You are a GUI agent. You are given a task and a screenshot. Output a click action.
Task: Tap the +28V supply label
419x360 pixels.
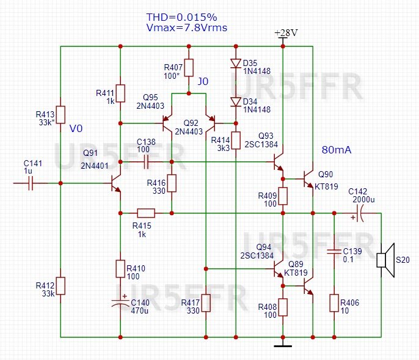(285, 32)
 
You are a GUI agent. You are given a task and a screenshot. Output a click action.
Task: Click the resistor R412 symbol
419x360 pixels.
(61, 285)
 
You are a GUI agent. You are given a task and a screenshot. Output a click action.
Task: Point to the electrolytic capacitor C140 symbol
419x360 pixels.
(120, 303)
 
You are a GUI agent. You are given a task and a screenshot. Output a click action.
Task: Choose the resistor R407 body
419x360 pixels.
(189, 67)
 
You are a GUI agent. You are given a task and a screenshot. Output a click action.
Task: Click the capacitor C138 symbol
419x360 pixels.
(147, 162)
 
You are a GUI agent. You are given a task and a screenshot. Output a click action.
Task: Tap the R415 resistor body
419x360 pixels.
(146, 213)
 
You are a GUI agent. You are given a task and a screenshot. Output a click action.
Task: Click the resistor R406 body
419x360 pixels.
(334, 303)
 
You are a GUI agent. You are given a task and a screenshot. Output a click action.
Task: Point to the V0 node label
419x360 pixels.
(76, 129)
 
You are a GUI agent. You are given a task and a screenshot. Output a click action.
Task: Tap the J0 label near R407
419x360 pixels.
(203, 81)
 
